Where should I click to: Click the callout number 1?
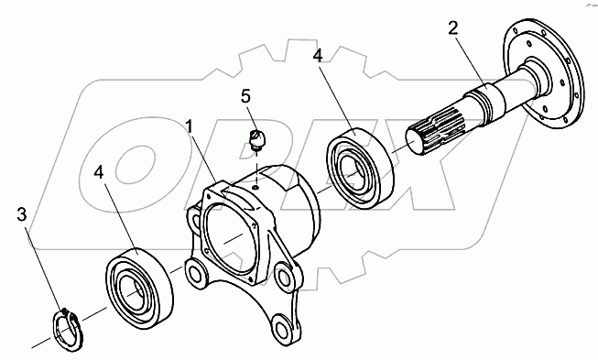pyautogui.click(x=190, y=126)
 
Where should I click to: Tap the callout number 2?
pyautogui.click(x=452, y=27)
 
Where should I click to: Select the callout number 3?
pyautogui.click(x=22, y=214)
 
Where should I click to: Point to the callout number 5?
pyautogui.click(x=246, y=96)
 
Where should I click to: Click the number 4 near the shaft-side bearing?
pyautogui.click(x=318, y=55)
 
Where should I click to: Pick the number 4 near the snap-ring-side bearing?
pyautogui.click(x=99, y=172)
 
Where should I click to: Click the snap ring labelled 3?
pyautogui.click(x=66, y=328)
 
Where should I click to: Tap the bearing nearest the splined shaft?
pyautogui.click(x=359, y=168)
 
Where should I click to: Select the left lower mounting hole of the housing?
pyautogui.click(x=195, y=274)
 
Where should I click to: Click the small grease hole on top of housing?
pyautogui.click(x=256, y=187)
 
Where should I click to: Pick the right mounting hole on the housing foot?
pyautogui.click(x=284, y=276)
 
